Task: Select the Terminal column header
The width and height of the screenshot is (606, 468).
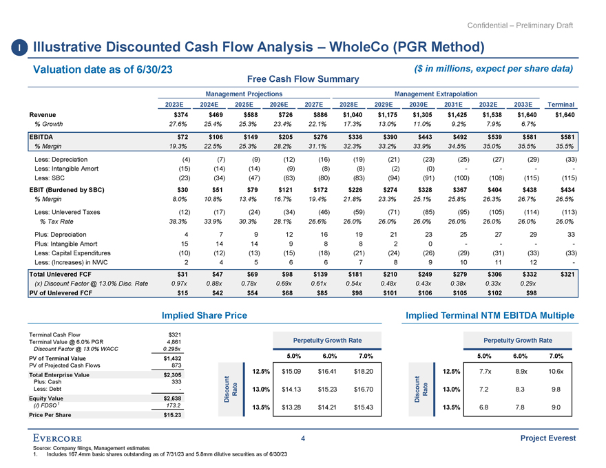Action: [x=563, y=105]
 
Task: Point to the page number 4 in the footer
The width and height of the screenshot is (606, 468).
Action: [x=303, y=438]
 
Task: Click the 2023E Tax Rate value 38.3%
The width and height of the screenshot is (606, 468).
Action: [x=179, y=222]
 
